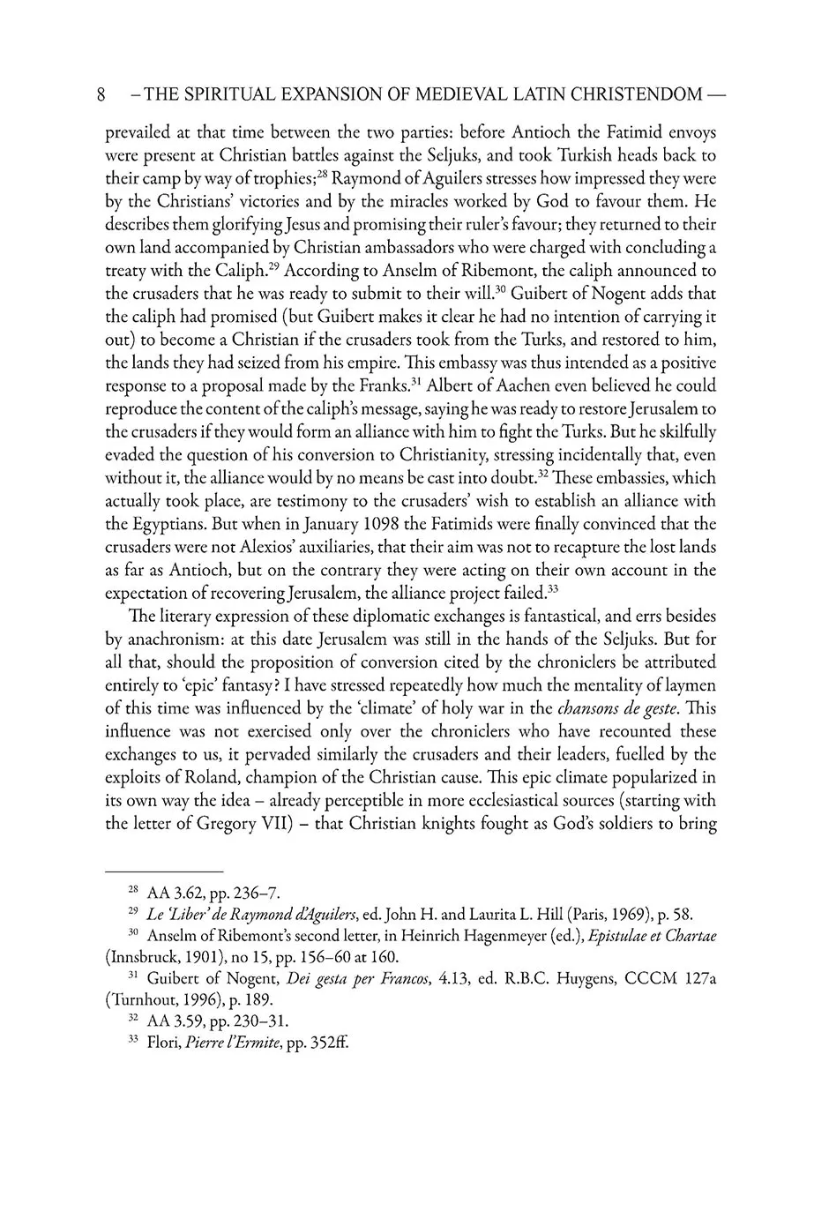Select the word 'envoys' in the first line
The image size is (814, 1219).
pos(687,134)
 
